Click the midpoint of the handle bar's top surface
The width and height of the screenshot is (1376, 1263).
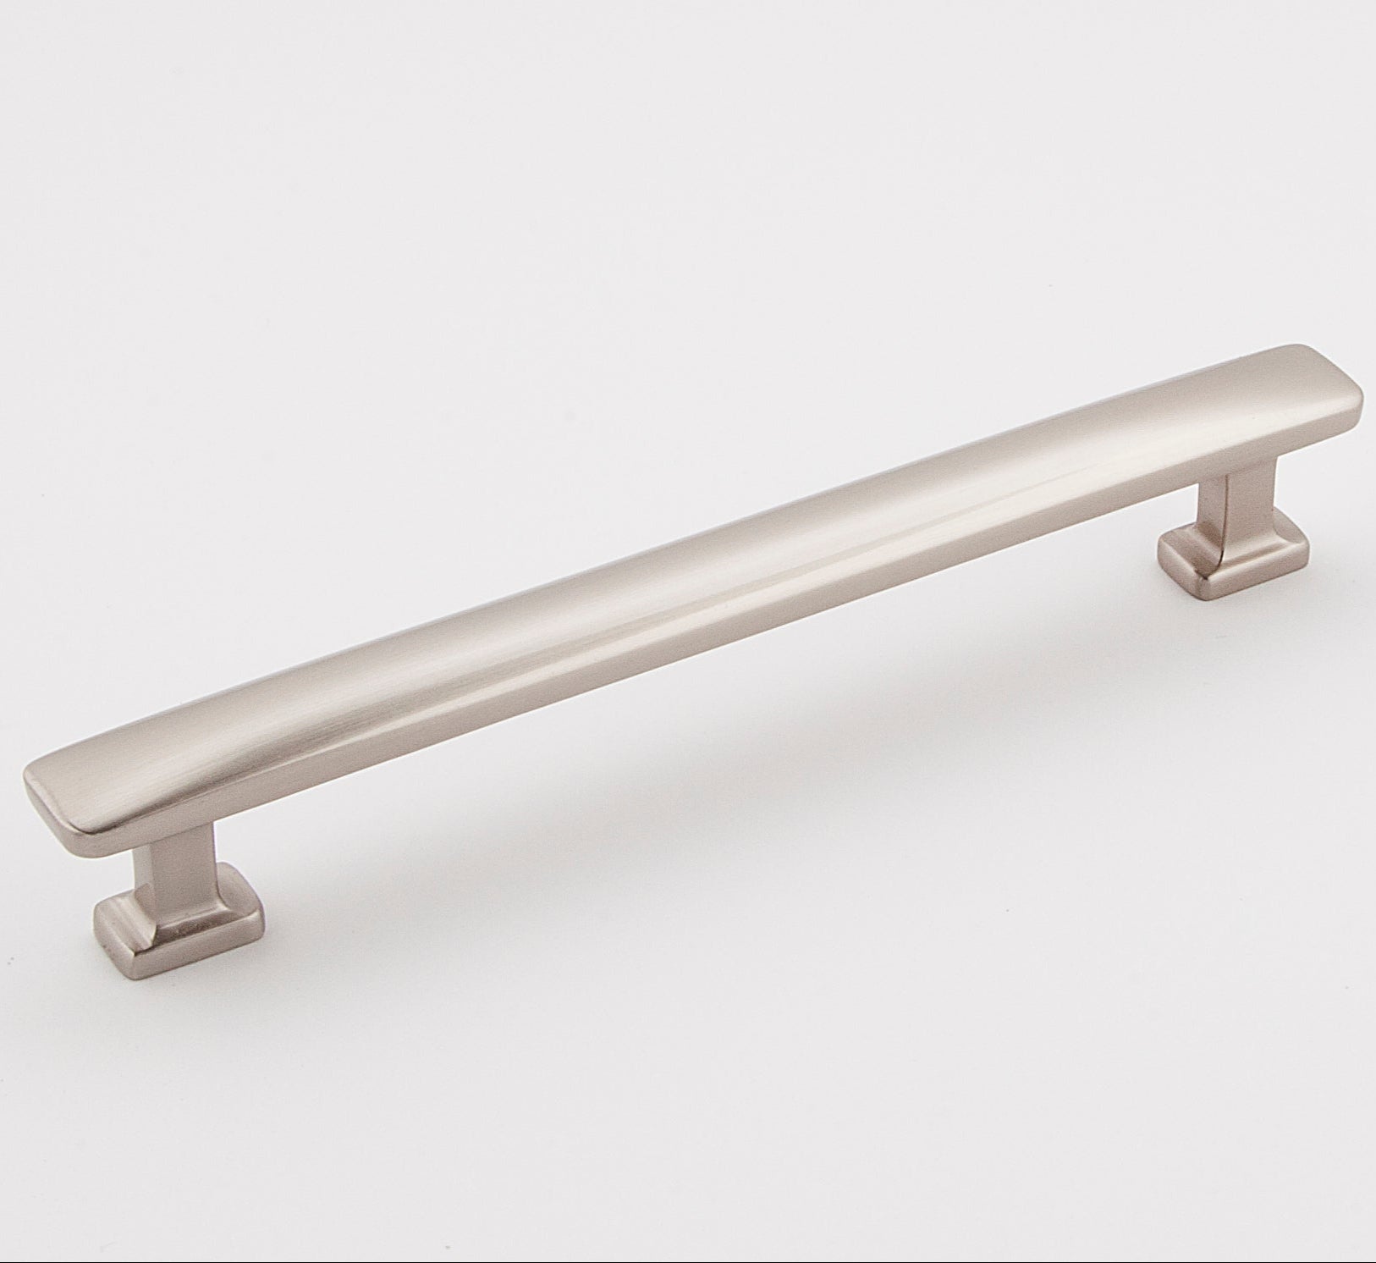(x=694, y=576)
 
